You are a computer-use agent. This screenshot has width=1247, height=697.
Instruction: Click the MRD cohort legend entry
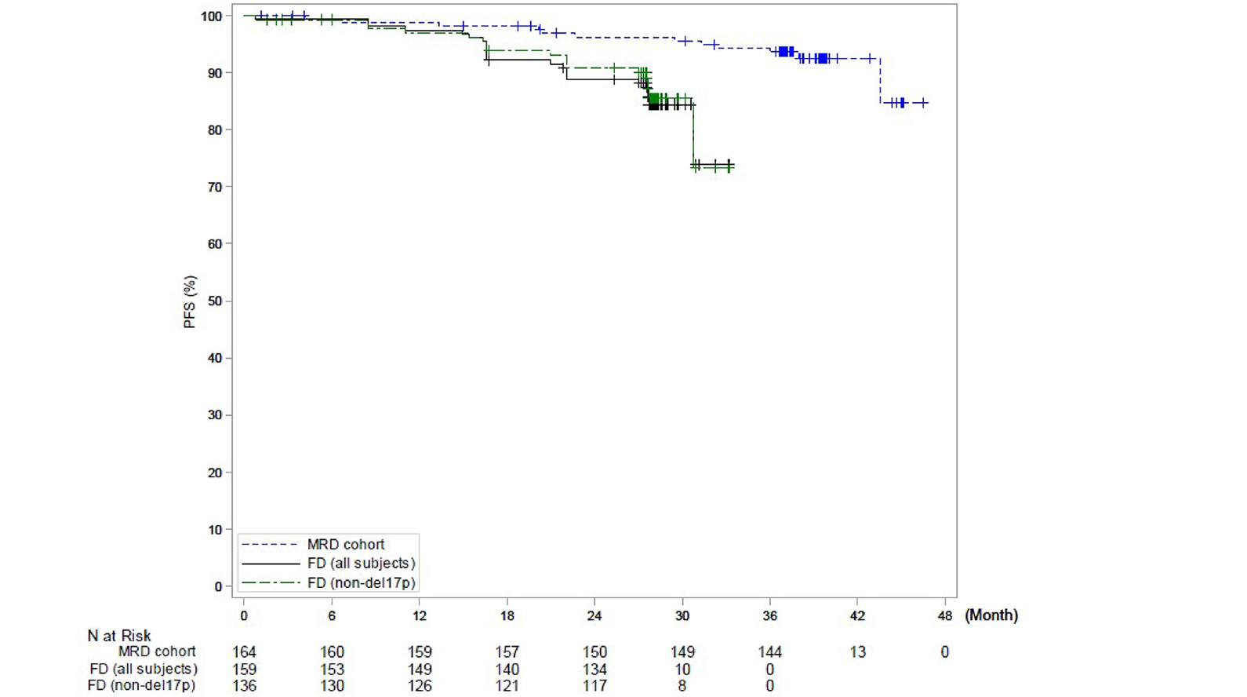click(x=345, y=545)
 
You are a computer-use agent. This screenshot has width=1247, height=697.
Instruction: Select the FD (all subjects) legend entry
click(x=361, y=564)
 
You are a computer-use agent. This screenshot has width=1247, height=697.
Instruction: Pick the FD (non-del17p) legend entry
click(x=361, y=583)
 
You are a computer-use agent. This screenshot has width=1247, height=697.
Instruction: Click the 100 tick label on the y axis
click(x=212, y=16)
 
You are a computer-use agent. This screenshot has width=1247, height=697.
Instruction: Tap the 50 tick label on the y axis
click(x=215, y=301)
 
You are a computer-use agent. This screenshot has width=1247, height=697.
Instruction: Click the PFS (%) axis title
click(x=190, y=302)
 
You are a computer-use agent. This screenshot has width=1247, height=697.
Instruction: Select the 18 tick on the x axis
click(x=507, y=616)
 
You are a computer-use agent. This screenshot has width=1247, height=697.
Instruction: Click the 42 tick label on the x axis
click(x=857, y=616)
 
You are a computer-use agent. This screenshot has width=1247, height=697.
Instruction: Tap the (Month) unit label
click(x=991, y=615)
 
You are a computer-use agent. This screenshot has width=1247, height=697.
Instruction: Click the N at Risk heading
click(x=119, y=636)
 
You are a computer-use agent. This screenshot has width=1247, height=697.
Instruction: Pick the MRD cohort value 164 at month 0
click(x=244, y=652)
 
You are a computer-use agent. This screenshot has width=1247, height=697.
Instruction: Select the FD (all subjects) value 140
click(x=507, y=670)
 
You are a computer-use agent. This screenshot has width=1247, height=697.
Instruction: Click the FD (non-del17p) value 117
click(x=594, y=686)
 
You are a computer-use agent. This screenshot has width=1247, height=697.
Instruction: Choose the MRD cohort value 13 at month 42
click(x=857, y=652)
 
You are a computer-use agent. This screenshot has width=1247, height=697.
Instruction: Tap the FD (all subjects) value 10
click(x=682, y=670)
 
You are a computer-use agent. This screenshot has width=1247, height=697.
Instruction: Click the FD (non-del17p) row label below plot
click(x=141, y=686)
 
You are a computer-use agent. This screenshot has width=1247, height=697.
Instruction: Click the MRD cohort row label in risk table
click(x=157, y=652)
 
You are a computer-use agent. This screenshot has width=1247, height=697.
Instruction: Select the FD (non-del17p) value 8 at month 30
click(x=682, y=686)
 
